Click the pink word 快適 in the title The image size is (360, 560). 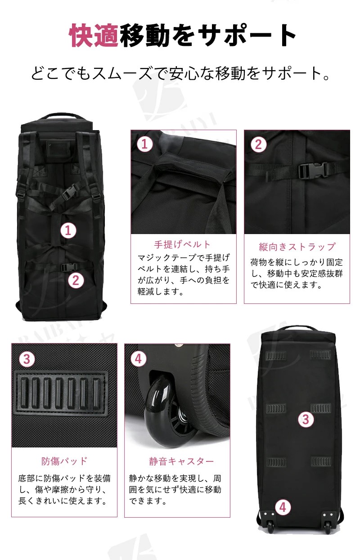pos(94,35)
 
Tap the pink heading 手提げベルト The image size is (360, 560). pos(182,244)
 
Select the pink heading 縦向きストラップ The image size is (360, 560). pos(297,247)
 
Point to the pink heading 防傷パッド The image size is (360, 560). pos(64,461)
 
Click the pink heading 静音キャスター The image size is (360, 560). pos(181,461)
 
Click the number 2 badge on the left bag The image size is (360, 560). pos(76,280)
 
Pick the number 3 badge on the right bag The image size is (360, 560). pos(306,419)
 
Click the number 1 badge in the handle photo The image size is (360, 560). pos(144,144)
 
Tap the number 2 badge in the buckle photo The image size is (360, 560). pos(258,145)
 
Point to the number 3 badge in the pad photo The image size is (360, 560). pos(27,359)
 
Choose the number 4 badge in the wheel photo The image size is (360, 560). pos(139,359)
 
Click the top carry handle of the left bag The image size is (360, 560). pos(62,117)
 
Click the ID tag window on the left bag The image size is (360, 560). pos(57,149)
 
